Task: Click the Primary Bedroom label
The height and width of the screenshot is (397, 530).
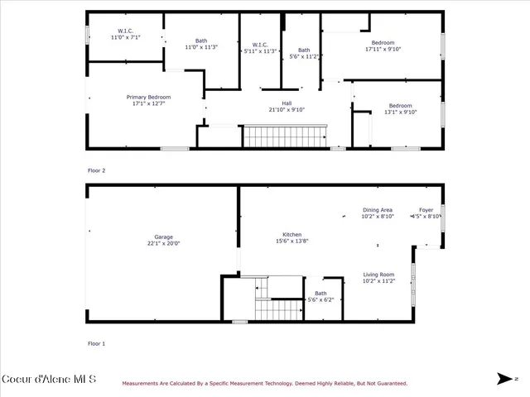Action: tap(148, 100)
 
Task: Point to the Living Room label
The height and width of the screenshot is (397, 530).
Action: tap(379, 277)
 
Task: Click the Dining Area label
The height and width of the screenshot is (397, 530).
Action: tap(378, 213)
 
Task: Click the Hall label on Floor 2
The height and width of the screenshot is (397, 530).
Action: tap(287, 106)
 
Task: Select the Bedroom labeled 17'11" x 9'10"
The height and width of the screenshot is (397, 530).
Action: tap(383, 45)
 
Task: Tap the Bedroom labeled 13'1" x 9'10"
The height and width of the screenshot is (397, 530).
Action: tap(400, 108)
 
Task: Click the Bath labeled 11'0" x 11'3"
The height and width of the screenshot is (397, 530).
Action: tap(201, 44)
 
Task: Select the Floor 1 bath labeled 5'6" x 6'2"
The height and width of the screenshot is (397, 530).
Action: tap(320, 296)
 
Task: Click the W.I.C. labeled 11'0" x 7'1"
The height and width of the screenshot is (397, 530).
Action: tap(125, 34)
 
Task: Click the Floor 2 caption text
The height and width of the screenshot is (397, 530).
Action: tap(97, 170)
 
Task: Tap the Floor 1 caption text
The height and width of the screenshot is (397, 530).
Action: tap(97, 343)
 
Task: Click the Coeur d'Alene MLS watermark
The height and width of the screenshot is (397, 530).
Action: tap(49, 380)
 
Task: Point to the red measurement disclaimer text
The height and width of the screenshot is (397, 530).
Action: tap(265, 384)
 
